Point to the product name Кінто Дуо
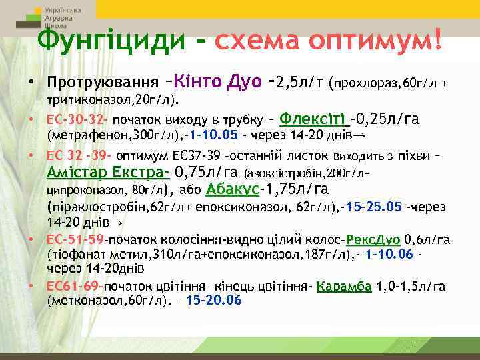pyautogui.click(x=215, y=84)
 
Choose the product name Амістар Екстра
pyautogui.click(x=107, y=173)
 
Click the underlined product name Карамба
pyautogui.click(x=343, y=286)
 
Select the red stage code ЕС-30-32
pyautogui.click(x=77, y=121)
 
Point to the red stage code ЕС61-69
pyautogui.click(x=74, y=286)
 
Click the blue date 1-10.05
pyautogui.click(x=213, y=135)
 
